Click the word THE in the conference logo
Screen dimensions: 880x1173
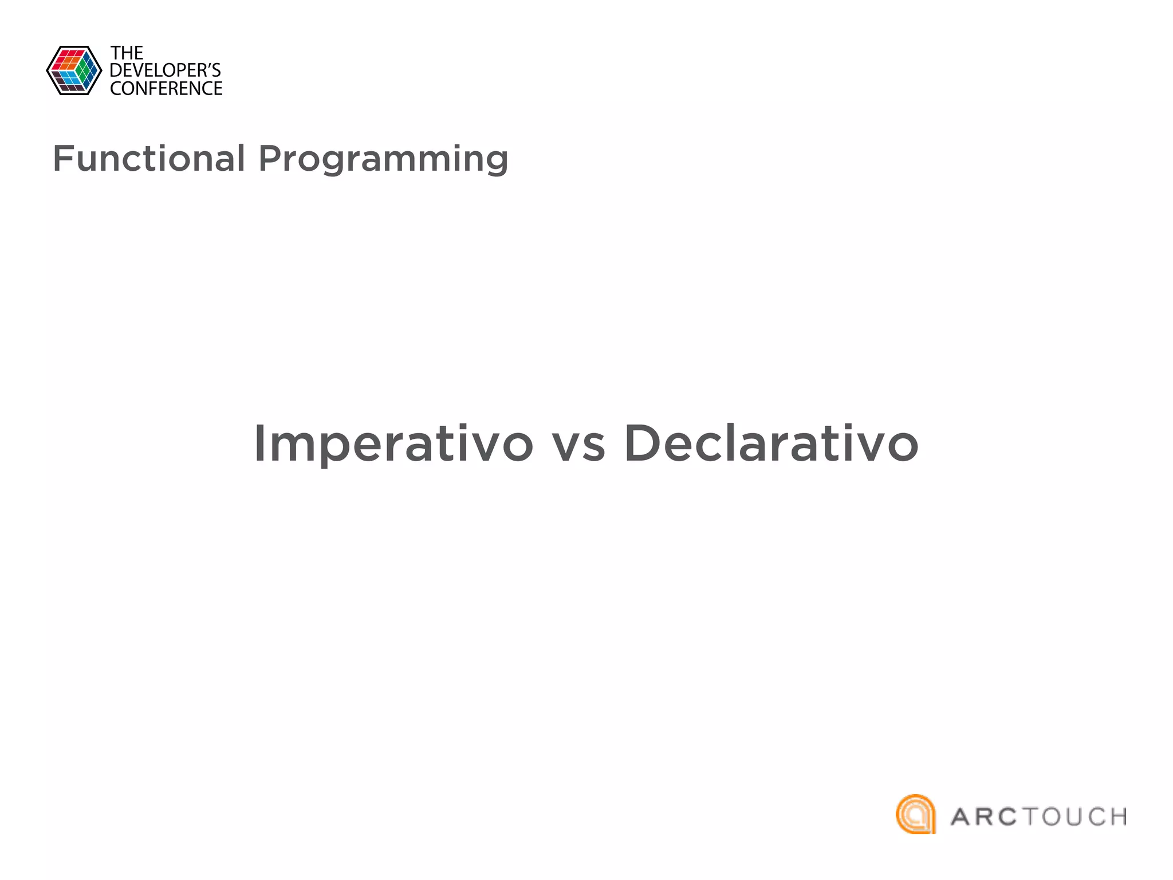[127, 53]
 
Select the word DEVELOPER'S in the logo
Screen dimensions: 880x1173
[165, 70]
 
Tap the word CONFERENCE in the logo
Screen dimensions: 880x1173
[166, 89]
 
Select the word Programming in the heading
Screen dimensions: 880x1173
[383, 160]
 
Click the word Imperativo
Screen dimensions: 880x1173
[393, 444]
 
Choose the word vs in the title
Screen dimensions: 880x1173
[578, 446]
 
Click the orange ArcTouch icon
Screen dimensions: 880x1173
[915, 814]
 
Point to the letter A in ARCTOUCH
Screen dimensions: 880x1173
[964, 818]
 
